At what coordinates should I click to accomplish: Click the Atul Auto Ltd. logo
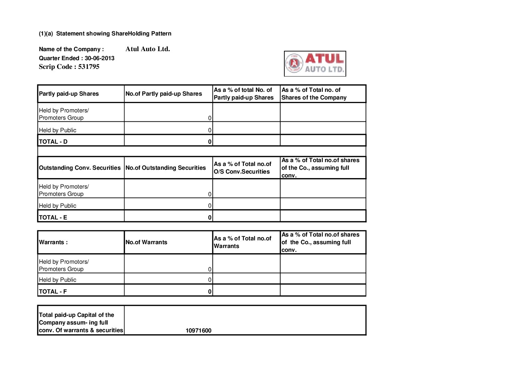pos(315,64)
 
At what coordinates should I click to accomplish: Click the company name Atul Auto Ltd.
pos(148,49)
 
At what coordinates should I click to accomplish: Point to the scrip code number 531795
pos(89,67)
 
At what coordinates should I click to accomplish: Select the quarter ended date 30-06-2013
pos(99,58)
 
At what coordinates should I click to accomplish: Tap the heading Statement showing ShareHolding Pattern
pos(114,34)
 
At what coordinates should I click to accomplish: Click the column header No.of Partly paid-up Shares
pos(164,94)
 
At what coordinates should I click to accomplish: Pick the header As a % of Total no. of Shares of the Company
pos(314,94)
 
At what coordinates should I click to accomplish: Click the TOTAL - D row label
pos(53,142)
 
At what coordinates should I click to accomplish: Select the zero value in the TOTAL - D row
pos(210,142)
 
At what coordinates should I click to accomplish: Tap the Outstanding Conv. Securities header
pos(80,168)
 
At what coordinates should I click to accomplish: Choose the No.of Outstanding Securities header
pos(166,168)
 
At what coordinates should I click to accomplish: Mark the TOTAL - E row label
pos(53,217)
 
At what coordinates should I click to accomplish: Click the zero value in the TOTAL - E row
pos(210,217)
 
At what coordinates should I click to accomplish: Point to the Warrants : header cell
pos(53,242)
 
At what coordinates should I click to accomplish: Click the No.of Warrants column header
pos(146,242)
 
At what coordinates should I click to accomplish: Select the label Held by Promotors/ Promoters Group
pos(64,265)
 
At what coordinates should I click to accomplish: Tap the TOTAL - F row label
pos(53,291)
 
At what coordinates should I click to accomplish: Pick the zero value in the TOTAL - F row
pos(210,291)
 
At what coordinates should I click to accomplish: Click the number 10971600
pos(198,330)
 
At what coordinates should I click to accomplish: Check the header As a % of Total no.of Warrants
pos(243,242)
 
